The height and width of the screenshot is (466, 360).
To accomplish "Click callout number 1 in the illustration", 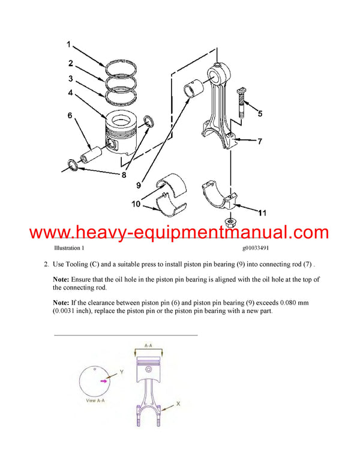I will coord(69,44).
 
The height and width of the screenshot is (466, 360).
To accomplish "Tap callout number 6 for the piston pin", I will coord(70,115).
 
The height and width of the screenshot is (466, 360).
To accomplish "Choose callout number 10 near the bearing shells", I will coord(137,205).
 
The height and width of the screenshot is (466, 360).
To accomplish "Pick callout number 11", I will coord(262,213).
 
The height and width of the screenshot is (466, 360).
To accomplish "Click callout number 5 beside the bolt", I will coord(259,113).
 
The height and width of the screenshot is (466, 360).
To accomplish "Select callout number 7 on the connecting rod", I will coord(259,142).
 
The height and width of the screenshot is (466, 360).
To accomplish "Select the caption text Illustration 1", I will coord(69,247).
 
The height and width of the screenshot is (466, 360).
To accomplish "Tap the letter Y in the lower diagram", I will coord(121,372).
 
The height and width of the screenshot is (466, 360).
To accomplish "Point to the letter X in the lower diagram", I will coord(178,405).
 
